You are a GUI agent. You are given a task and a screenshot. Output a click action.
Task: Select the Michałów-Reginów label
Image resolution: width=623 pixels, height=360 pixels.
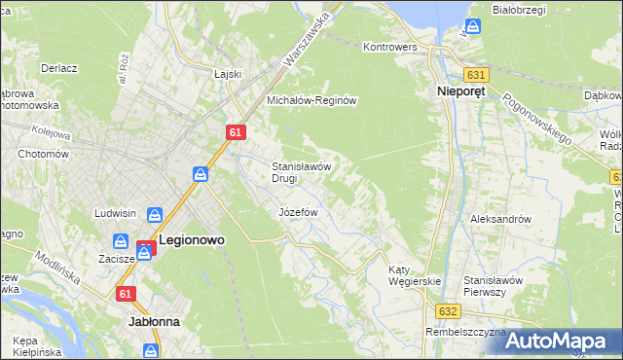click(314, 100)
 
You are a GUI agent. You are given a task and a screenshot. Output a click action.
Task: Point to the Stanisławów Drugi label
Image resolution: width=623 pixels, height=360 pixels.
click(303, 172)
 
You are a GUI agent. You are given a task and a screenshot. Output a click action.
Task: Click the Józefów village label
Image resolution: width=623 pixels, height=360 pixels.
click(299, 211)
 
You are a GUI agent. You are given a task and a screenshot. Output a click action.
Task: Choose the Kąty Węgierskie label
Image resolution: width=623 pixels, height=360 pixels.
click(415, 274)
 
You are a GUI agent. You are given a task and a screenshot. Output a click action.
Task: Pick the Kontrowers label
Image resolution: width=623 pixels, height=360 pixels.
click(389, 46)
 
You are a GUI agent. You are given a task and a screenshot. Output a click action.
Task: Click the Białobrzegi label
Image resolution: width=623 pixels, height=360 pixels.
click(517, 10)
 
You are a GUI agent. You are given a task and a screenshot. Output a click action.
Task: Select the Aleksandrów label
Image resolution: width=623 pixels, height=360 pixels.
click(500, 219)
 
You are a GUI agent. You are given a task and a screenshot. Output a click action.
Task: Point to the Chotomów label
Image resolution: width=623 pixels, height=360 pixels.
click(41, 154)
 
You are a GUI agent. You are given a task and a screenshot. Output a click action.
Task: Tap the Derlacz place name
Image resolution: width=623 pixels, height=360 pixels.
click(59, 68)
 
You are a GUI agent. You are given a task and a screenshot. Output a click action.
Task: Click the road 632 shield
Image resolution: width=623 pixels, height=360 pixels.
click(448, 310)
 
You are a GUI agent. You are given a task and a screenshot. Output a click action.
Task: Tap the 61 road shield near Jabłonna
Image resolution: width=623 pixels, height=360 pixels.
click(125, 293)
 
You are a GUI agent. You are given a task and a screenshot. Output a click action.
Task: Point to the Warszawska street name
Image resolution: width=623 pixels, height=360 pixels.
click(307, 40)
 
